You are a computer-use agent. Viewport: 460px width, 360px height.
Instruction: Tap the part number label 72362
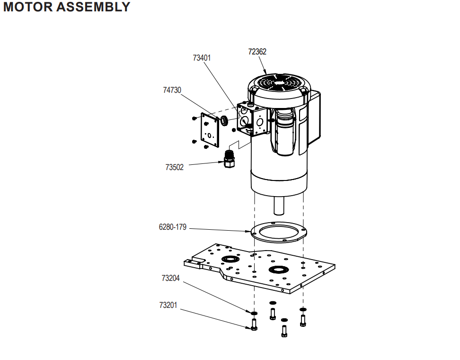(x=257, y=52)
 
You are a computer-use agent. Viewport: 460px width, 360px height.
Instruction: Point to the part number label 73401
(x=202, y=58)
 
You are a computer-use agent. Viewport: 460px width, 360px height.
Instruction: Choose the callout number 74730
(x=172, y=90)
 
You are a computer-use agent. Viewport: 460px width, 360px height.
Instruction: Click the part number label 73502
(x=175, y=167)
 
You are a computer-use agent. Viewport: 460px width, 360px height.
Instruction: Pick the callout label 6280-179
(x=173, y=227)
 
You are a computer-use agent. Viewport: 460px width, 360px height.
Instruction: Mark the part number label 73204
(x=170, y=279)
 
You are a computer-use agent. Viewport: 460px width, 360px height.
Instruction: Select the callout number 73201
(x=168, y=306)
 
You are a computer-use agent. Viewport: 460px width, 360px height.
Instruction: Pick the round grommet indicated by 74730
(x=225, y=120)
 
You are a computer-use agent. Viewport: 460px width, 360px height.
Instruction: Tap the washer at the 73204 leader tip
(x=254, y=313)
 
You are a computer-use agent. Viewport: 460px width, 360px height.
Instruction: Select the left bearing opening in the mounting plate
(x=231, y=259)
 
